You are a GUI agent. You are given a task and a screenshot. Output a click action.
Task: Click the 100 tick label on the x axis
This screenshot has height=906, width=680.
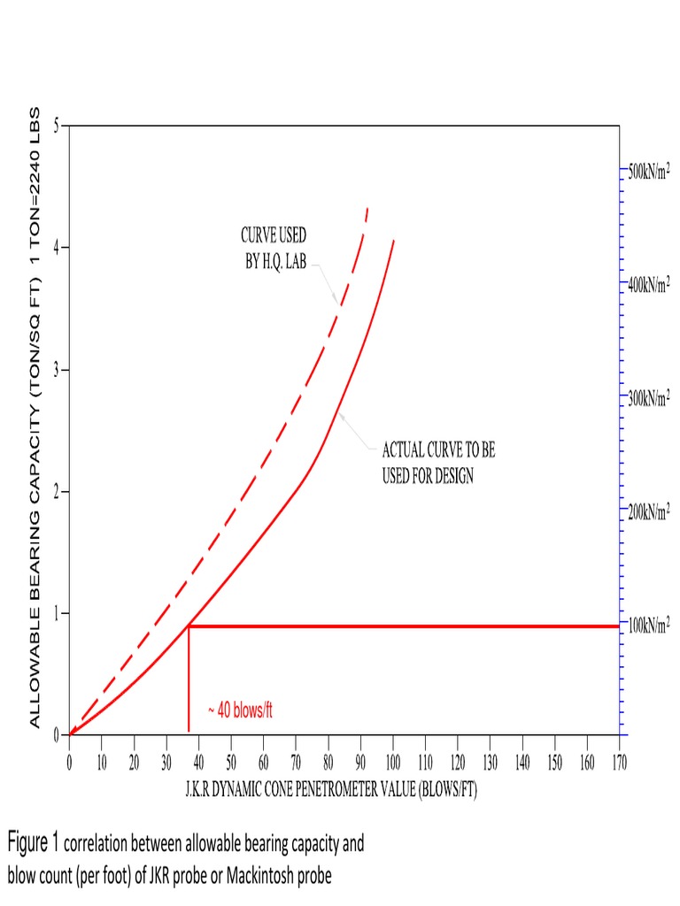[x=392, y=762]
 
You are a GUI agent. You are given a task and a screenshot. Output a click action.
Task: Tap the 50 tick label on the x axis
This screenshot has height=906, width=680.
[x=231, y=762]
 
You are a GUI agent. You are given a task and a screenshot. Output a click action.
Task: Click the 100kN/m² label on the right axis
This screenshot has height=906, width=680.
[x=649, y=626]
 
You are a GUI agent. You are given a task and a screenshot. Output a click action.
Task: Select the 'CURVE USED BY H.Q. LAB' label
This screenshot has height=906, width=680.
[x=274, y=249]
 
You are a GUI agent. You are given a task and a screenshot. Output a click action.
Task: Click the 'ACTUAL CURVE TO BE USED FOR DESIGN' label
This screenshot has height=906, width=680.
[x=438, y=462]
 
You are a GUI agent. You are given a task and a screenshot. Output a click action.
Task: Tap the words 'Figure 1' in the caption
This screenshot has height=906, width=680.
[x=33, y=841]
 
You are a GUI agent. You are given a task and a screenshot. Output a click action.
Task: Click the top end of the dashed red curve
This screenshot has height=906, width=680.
[x=367, y=209]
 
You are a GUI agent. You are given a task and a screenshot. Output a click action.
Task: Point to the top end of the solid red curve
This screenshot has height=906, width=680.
[x=393, y=240]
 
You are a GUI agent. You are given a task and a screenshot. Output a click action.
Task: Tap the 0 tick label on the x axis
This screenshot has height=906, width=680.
[x=69, y=762]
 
